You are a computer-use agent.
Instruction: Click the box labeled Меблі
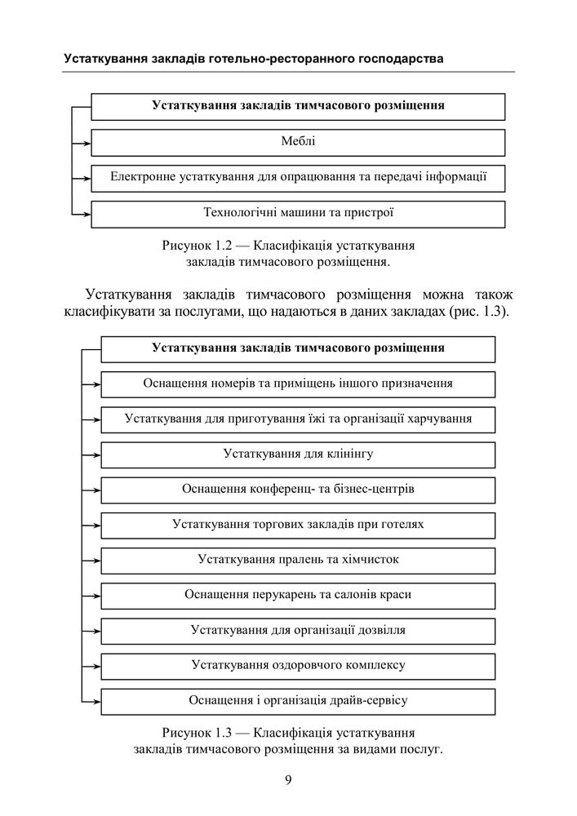click(x=298, y=142)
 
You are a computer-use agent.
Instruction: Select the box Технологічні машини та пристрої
click(x=298, y=213)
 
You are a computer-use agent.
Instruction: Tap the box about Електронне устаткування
click(x=298, y=177)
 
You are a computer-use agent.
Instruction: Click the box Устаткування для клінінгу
click(x=298, y=454)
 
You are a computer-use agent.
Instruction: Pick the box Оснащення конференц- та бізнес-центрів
click(x=298, y=490)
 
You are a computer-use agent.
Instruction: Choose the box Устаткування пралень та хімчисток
click(x=298, y=560)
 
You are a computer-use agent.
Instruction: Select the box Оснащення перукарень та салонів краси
click(x=298, y=595)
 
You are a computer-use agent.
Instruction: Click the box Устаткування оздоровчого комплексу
click(x=298, y=665)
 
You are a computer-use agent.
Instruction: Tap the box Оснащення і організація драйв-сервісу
click(x=298, y=700)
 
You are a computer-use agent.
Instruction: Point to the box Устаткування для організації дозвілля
click(x=298, y=630)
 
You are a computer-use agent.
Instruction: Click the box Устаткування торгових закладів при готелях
click(x=298, y=525)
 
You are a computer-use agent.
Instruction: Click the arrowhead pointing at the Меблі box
click(x=86, y=143)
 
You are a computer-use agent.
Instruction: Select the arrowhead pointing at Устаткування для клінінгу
click(x=96, y=455)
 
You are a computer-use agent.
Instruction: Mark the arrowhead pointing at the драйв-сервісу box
click(x=96, y=701)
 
